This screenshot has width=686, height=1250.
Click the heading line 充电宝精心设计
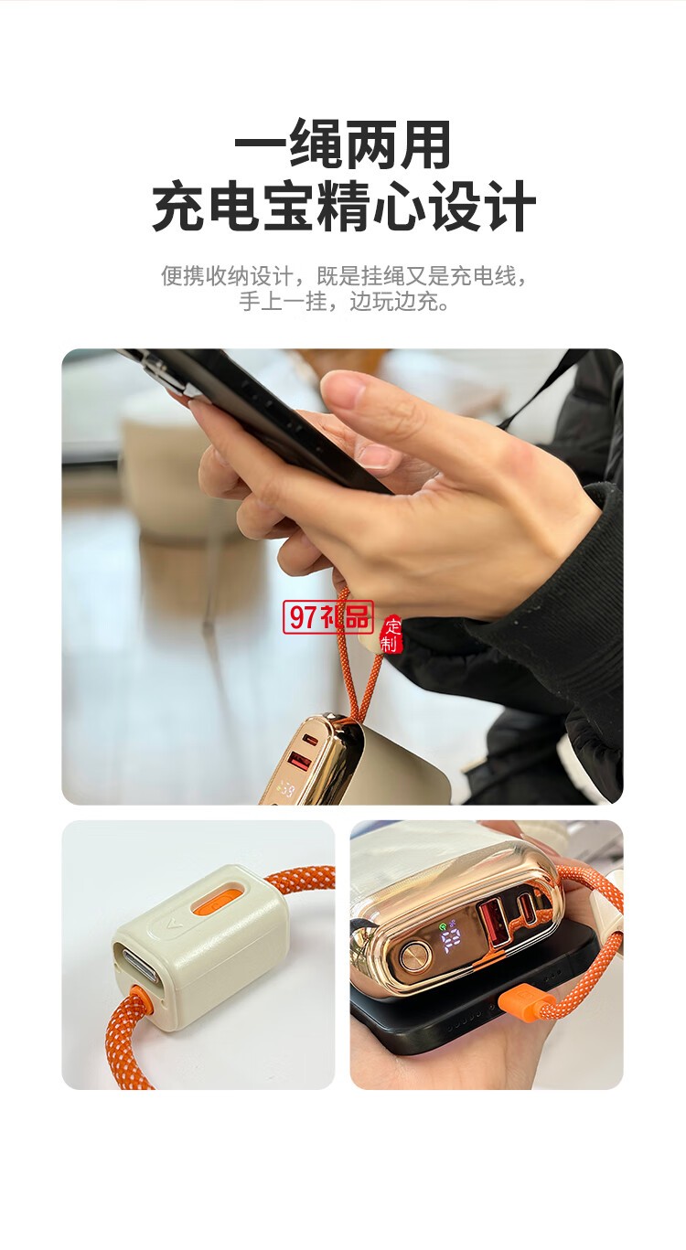(x=343, y=208)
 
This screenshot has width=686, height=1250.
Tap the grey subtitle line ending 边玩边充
(x=343, y=301)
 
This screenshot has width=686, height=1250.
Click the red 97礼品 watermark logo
(x=327, y=618)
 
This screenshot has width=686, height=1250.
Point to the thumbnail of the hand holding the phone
(x=342, y=576)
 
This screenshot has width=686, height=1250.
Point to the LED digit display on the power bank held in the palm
(x=456, y=941)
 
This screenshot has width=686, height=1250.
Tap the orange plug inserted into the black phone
(x=518, y=1002)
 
